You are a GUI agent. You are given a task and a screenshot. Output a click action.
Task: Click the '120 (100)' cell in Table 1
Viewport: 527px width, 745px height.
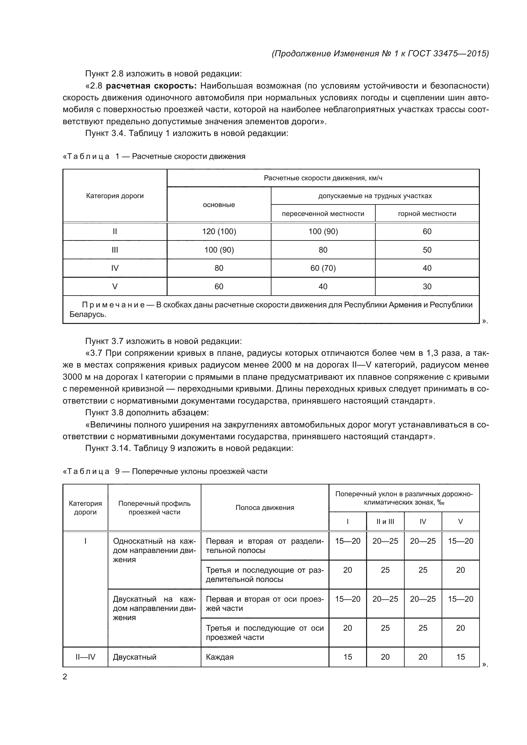click(x=219, y=231)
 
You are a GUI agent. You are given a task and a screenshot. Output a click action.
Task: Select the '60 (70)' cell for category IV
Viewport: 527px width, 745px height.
click(x=323, y=268)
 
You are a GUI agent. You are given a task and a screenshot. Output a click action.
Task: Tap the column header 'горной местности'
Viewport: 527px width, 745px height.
click(x=427, y=213)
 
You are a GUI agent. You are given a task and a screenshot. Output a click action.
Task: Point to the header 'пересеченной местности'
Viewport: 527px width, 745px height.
click(x=323, y=213)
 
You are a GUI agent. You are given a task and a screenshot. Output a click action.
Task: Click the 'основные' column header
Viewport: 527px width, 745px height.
click(x=219, y=205)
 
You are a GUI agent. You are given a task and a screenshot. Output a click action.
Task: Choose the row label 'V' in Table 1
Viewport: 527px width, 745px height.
click(x=115, y=287)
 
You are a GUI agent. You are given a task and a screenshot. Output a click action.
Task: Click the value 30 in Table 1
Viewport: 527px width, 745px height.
click(x=427, y=287)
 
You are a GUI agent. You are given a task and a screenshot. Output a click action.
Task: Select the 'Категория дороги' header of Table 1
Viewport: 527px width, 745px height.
click(x=115, y=196)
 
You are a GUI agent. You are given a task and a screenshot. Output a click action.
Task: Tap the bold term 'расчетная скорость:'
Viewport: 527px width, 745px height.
click(x=151, y=86)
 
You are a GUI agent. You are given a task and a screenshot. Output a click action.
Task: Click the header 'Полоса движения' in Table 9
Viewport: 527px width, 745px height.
click(x=264, y=507)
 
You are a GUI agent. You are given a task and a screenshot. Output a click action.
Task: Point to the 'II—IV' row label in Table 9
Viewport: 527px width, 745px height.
click(x=85, y=657)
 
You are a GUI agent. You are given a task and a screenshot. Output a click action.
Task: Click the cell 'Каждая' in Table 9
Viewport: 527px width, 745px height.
click(x=220, y=657)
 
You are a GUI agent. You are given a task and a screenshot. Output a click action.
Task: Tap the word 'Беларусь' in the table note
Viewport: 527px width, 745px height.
click(x=87, y=314)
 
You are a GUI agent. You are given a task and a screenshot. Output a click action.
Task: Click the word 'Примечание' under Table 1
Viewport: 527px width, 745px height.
click(x=113, y=305)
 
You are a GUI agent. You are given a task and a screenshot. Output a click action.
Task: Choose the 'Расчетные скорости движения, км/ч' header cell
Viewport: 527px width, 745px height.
click(x=323, y=178)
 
